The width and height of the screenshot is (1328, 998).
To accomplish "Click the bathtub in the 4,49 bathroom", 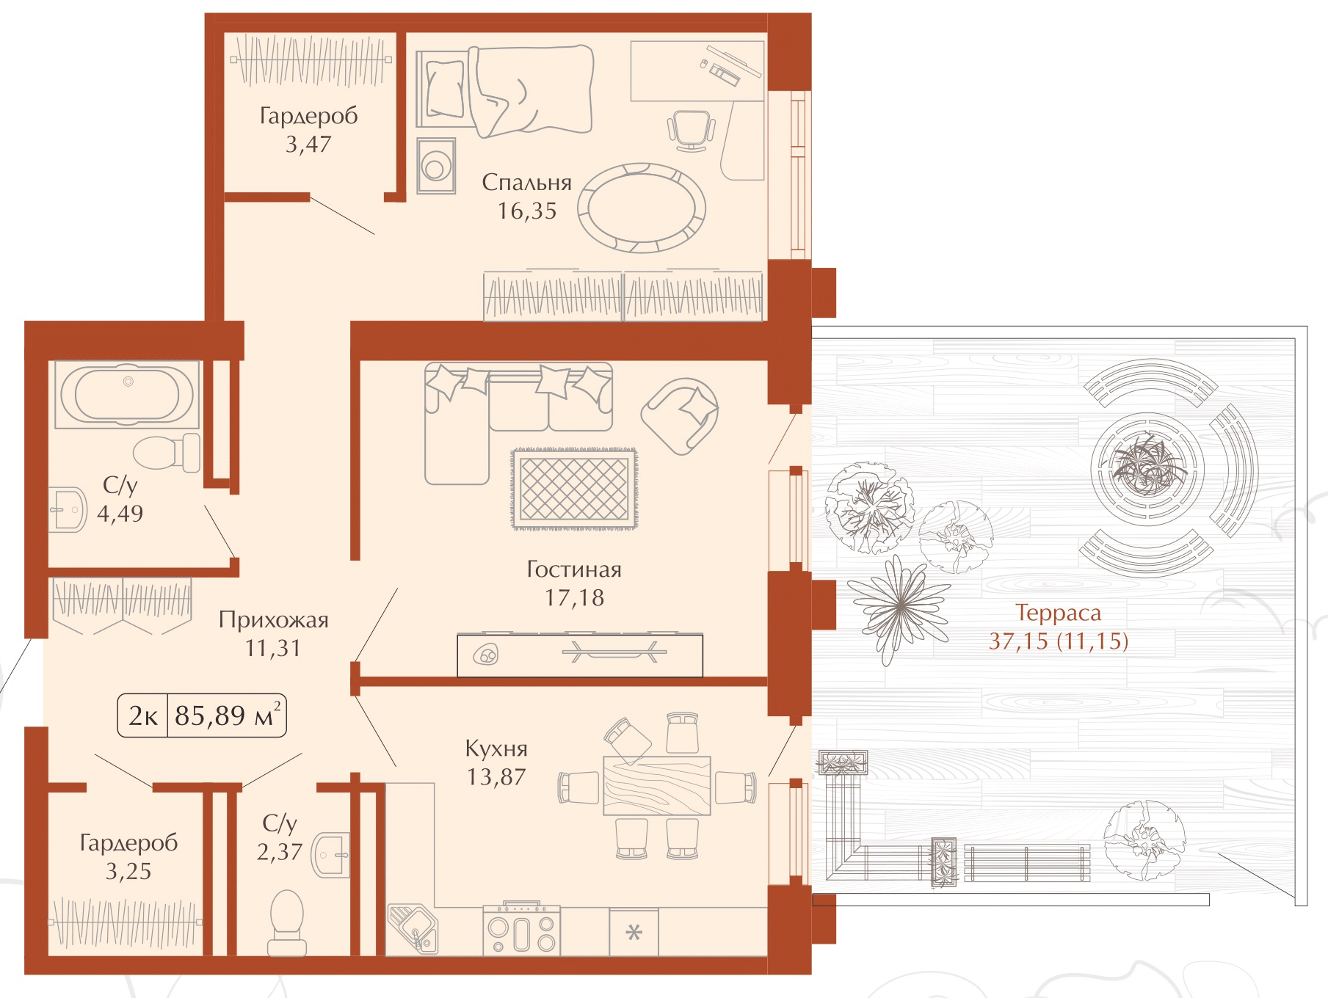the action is point(127,394).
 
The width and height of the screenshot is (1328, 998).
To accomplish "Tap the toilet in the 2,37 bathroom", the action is point(287,922).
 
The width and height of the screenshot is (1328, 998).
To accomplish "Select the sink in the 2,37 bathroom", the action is point(332,855).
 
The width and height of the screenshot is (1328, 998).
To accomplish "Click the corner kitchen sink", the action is point(413,928).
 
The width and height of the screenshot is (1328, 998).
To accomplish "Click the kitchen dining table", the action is point(657,785).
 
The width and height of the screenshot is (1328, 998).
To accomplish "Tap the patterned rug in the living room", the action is point(574,488).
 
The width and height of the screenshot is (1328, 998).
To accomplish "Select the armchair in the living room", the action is point(680,416).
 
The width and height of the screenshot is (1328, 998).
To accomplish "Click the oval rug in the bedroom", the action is point(642,208).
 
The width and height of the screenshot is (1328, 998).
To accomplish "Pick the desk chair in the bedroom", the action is point(691,131).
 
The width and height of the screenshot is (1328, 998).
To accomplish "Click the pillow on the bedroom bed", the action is point(445,89).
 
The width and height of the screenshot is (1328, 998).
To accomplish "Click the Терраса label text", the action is point(1058,613).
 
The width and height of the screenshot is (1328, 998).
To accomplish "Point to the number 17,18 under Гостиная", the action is point(574,598).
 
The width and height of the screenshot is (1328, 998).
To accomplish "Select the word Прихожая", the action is point(273,620).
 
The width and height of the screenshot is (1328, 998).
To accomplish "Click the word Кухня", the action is point(496,748).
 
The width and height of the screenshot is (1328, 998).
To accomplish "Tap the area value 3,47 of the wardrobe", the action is point(308,145).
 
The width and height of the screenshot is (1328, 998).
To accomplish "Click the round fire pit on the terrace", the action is point(1147,467).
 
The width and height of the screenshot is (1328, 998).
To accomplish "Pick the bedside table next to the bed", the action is point(436,166).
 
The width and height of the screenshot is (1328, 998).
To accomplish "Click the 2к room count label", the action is point(143,715).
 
